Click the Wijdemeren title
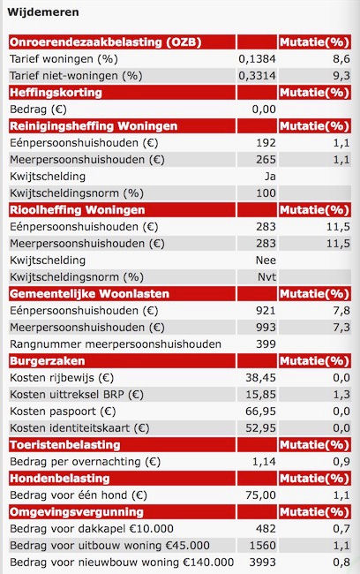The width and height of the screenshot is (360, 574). (43, 12)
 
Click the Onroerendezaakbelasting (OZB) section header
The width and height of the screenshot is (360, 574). (105, 42)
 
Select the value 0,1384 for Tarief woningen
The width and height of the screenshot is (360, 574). (257, 59)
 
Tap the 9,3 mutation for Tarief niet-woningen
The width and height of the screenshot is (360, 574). (341, 76)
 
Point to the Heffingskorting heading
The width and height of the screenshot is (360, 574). (56, 93)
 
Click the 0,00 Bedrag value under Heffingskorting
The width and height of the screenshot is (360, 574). (264, 110)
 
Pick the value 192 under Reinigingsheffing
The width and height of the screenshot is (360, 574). (266, 143)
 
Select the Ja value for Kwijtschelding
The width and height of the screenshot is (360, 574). (270, 177)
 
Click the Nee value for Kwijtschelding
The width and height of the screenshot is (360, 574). (266, 261)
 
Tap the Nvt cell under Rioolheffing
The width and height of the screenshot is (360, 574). (266, 277)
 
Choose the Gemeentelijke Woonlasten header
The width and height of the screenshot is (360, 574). (89, 294)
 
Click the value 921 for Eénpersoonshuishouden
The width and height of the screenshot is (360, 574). (266, 311)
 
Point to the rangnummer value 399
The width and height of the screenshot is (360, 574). (266, 344)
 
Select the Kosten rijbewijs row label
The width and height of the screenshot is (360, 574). (62, 378)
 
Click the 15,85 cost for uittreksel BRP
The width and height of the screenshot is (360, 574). (260, 395)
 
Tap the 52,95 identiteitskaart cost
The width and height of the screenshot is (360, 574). (260, 428)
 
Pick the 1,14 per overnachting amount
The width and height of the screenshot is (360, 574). (264, 462)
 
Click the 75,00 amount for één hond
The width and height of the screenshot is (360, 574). (260, 495)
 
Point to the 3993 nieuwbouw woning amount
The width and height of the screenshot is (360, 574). (263, 563)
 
